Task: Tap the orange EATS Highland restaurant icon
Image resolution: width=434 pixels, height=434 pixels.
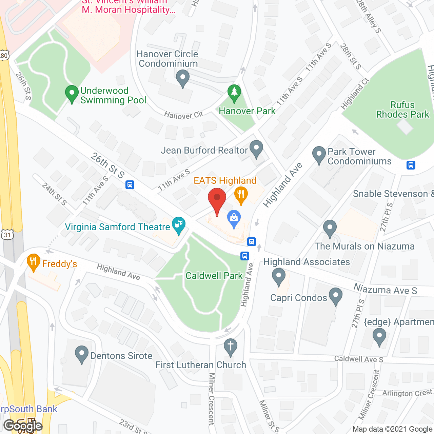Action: click(241, 195)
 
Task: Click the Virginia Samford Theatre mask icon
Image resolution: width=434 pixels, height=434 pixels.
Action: click(178, 225)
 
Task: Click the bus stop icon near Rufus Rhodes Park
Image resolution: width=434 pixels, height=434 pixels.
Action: click(411, 165)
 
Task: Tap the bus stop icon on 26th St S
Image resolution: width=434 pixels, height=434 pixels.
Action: click(130, 185)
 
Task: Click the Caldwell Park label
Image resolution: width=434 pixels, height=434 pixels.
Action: click(214, 276)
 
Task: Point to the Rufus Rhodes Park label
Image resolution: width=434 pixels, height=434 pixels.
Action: click(402, 110)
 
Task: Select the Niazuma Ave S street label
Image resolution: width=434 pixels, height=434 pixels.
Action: click(385, 290)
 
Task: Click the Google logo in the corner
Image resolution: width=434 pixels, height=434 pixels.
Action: click(23, 426)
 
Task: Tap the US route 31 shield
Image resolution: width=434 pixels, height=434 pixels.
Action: click(7, 234)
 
